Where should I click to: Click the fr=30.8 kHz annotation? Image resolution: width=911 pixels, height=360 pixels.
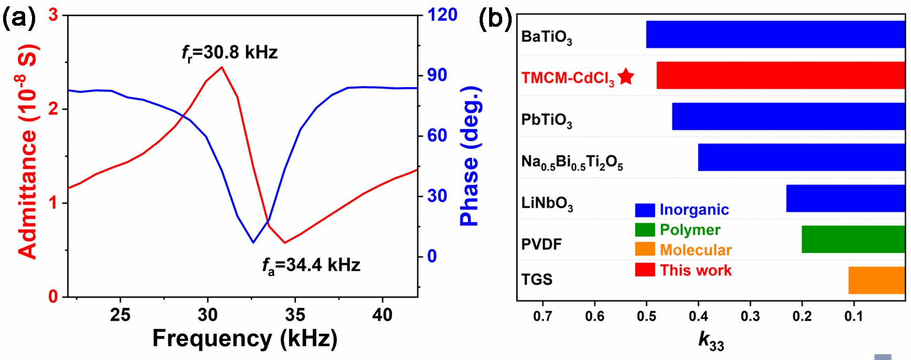click(x=229, y=53)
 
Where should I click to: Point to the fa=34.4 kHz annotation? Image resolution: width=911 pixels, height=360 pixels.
click(x=311, y=266)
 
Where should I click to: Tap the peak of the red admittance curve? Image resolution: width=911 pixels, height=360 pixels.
click(x=222, y=67)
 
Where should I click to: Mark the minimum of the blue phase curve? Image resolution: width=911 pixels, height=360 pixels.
click(x=253, y=242)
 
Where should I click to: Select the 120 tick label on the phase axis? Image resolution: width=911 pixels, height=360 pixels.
click(x=442, y=15)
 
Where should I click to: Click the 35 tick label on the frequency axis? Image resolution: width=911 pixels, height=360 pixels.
click(x=295, y=315)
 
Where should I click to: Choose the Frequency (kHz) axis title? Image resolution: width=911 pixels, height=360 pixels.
click(x=245, y=338)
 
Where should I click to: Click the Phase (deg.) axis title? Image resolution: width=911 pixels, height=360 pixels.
click(x=470, y=156)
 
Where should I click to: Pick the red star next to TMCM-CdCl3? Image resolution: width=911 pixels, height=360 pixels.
click(x=626, y=77)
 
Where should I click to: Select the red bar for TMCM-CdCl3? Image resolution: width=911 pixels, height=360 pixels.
click(x=780, y=76)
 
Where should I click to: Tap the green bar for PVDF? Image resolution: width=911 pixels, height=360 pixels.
click(x=853, y=239)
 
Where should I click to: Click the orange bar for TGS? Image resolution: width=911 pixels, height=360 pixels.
click(x=876, y=280)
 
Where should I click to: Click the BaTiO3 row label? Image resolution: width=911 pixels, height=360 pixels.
click(x=546, y=37)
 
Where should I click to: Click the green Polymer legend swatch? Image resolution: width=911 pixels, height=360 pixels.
click(x=645, y=230)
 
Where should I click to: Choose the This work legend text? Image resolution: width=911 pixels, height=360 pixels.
click(x=695, y=270)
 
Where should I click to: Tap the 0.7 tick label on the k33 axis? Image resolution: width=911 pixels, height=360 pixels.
click(x=542, y=316)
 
